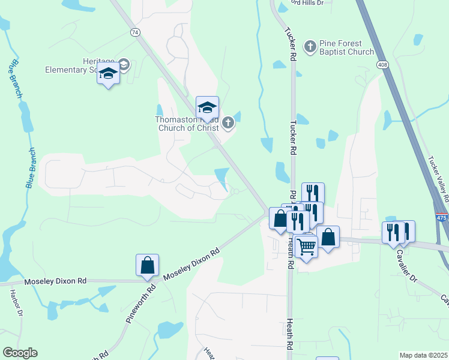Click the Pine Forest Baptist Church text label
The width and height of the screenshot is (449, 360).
(347, 47)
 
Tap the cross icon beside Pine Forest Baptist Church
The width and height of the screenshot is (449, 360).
(310, 46)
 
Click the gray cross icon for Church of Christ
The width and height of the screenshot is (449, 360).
(228, 124)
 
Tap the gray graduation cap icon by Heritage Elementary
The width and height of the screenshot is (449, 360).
(124, 64)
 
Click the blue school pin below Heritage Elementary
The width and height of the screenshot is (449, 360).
(108, 74)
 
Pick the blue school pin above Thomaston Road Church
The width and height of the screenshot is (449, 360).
(207, 108)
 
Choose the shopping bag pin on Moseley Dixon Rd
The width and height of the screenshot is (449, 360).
(147, 265)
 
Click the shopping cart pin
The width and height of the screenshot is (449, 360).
(306, 247)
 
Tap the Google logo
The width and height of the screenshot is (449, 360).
(20, 353)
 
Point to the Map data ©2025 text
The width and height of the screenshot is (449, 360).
(424, 355)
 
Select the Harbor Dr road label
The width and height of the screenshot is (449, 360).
(16, 304)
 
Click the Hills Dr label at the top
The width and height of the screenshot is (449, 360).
(308, 3)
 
